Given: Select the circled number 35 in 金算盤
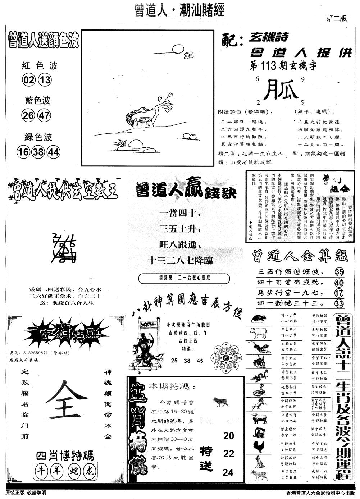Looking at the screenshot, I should pyautogui.click(x=339, y=271).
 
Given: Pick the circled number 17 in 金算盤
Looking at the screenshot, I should pyautogui.click(x=339, y=293).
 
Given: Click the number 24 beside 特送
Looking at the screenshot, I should pyautogui.click(x=228, y=472).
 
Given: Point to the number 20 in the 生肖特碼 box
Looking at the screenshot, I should pyautogui.click(x=228, y=436).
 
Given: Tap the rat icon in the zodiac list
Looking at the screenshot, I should pyautogui.click(x=258, y=318).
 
